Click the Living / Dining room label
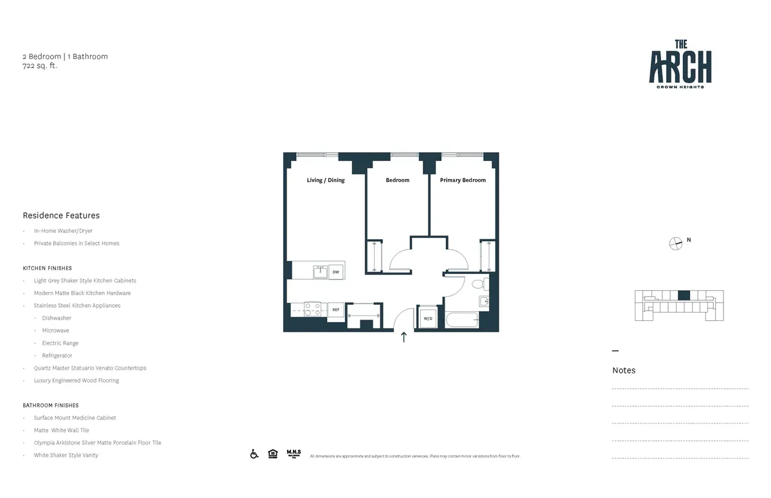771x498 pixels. (x=325, y=180)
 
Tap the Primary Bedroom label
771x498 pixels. (x=463, y=180)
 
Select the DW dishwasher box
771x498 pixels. (x=335, y=272)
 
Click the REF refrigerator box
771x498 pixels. (x=335, y=310)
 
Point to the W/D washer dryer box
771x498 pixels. (x=427, y=318)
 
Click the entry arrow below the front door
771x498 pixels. (x=404, y=338)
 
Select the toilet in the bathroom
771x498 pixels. (x=479, y=284)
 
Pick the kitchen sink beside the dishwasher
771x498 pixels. (x=319, y=272)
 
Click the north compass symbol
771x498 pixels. (x=675, y=243)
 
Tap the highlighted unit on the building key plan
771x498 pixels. (x=684, y=295)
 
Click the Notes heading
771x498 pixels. (x=623, y=370)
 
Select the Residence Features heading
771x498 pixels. (x=61, y=216)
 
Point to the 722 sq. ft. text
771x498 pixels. (x=40, y=65)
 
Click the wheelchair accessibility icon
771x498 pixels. (x=254, y=454)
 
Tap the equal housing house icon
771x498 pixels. (x=272, y=454)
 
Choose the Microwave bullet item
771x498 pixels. (x=55, y=331)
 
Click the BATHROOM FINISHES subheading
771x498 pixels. (x=50, y=406)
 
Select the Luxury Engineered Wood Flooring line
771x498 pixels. (x=76, y=381)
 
